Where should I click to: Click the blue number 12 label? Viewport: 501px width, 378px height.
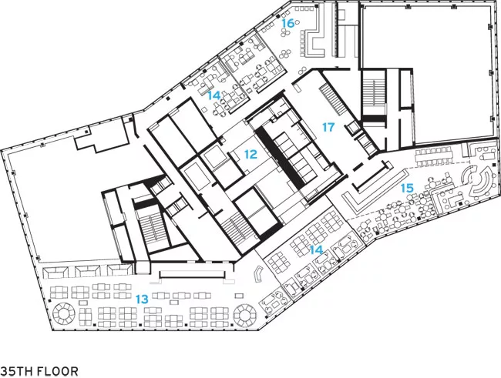coord(250,155)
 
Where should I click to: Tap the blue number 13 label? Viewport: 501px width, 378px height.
coord(142,299)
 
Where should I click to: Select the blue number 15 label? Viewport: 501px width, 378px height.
coord(407,188)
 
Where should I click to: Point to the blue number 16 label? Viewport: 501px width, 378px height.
coord(287,23)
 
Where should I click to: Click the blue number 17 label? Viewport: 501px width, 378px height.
coord(328,127)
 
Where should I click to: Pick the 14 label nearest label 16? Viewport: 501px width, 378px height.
coord(214,95)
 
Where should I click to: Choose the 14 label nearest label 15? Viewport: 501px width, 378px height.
coord(316,250)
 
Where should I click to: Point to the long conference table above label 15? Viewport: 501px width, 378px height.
coord(435,157)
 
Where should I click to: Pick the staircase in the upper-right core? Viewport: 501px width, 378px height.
coord(374,95)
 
